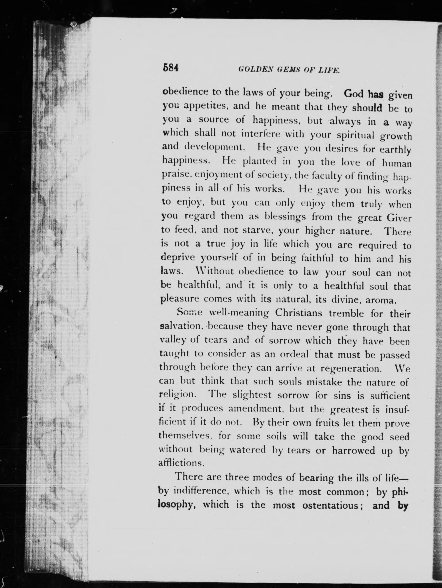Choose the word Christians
tap(298, 313)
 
